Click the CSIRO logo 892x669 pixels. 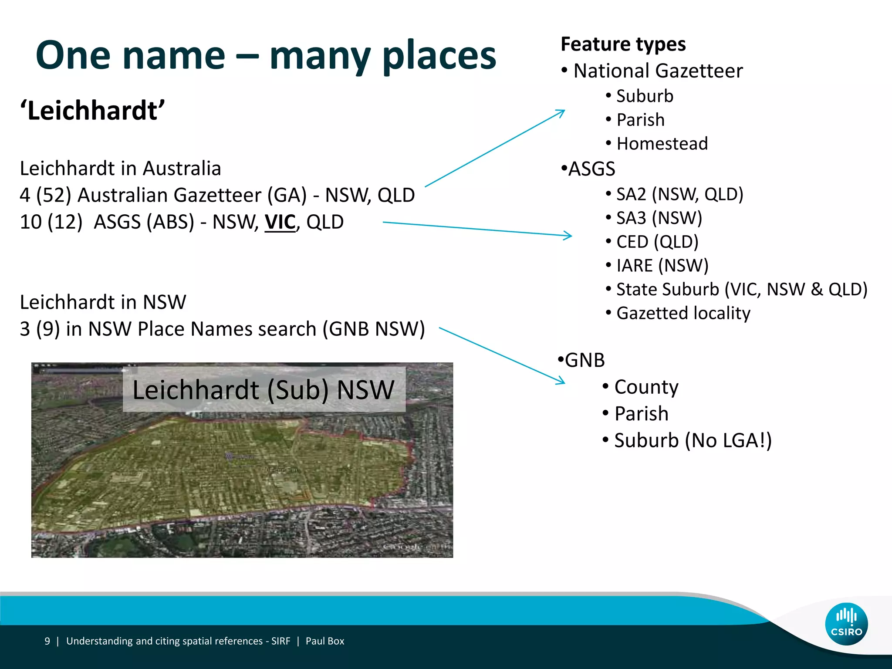[x=846, y=624]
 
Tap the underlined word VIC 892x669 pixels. [x=280, y=222]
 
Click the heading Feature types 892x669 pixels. [x=623, y=44]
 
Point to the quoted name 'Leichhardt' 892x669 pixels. [x=92, y=111]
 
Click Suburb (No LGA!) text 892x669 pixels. [x=693, y=440]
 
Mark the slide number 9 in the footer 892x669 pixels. [x=47, y=641]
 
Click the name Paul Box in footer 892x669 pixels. [x=325, y=641]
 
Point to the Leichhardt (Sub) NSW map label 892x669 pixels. [x=264, y=389]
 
